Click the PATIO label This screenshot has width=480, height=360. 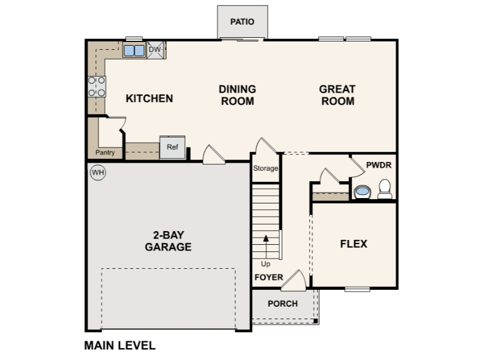point(242,22)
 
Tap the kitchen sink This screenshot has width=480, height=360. point(134,50)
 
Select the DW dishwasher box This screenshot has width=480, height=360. point(155,50)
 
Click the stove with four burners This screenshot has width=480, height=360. point(97,86)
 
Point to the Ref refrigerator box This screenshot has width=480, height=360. point(172,147)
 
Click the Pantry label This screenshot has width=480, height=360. point(105,152)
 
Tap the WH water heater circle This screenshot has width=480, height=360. point(97,173)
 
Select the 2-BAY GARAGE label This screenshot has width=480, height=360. point(168,241)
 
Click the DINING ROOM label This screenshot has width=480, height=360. point(237,95)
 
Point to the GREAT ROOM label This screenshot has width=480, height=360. point(337,95)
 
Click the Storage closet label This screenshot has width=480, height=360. point(265,168)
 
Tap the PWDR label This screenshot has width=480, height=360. point(378,164)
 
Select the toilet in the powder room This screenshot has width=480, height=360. point(385,190)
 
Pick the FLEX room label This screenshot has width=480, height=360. point(353,244)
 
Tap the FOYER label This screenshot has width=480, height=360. point(268,277)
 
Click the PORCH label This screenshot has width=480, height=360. point(283,304)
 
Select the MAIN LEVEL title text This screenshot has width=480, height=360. point(119,346)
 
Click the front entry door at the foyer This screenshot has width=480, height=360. point(295,280)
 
